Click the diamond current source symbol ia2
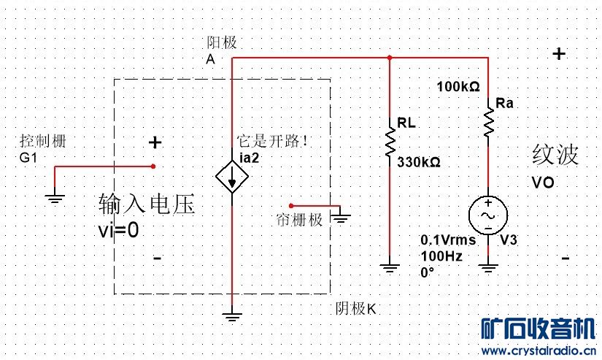pyautogui.click(x=231, y=177)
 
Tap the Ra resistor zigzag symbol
pyautogui.click(x=487, y=124)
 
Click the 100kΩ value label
pyautogui.click(x=458, y=87)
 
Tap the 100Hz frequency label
pyautogui.click(x=436, y=256)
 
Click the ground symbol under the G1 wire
pyautogui.click(x=55, y=196)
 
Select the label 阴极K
pyautogui.click(x=355, y=308)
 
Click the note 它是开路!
pyautogui.click(x=272, y=141)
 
